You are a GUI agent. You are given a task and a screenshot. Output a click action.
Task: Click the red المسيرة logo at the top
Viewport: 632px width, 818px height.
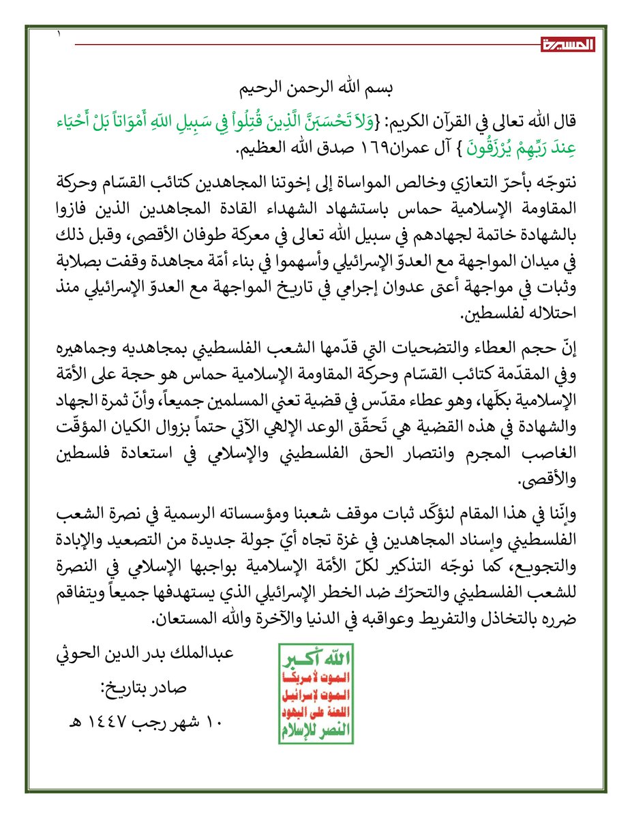(x=569, y=45)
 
